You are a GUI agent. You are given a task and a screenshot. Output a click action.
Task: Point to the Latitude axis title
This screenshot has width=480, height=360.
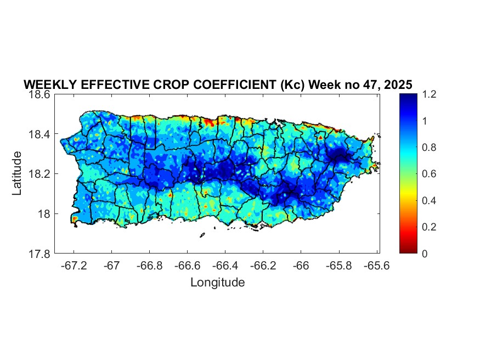tap(18, 173)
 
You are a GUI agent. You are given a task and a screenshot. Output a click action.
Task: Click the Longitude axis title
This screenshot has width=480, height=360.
tap(217, 283)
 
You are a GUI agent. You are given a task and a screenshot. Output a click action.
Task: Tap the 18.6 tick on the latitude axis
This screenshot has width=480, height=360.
tap(40, 94)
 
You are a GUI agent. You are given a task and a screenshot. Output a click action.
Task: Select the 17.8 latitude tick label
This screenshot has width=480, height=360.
tap(40, 254)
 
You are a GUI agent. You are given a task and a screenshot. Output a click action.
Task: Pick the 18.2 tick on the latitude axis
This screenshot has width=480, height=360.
tap(40, 174)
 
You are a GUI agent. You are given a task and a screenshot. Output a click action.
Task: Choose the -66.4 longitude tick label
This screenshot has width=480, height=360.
tap(225, 266)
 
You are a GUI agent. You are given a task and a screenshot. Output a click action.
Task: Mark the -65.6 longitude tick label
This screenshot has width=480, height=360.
tap(376, 266)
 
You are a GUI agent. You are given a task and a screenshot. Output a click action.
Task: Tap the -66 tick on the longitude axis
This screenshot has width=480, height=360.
tap(301, 266)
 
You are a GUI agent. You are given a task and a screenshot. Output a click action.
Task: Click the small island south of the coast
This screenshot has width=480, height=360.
tap(202, 235)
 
